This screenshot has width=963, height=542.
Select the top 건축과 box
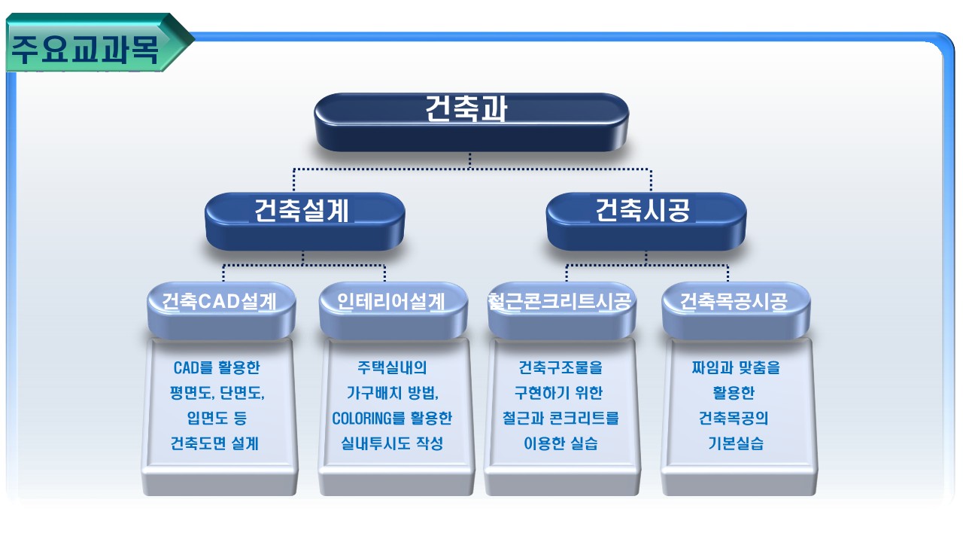tap(471, 122)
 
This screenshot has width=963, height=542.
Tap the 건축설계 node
tap(305, 221)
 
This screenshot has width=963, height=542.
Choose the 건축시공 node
tap(646, 221)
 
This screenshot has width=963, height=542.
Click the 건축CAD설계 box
tap(221, 311)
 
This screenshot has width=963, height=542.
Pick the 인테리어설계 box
tap(393, 311)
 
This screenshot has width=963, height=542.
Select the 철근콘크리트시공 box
tap(561, 311)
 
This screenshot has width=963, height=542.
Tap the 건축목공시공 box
tap(736, 311)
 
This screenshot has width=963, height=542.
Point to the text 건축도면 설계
tap(214, 443)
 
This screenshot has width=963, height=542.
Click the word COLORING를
tap(369, 418)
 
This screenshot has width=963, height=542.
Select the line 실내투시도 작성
tap(392, 443)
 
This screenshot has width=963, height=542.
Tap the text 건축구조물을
tap(560, 368)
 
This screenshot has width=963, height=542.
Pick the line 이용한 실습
tap(560, 443)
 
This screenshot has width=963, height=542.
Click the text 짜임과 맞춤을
tap(736, 368)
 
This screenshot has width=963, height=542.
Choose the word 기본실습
tap(736, 443)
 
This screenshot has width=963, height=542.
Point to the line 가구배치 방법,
tap(393, 393)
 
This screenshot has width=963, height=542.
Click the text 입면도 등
tap(217, 418)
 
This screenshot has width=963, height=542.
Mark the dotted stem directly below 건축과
tap(469, 160)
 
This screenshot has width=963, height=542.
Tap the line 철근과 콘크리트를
tap(560, 418)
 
